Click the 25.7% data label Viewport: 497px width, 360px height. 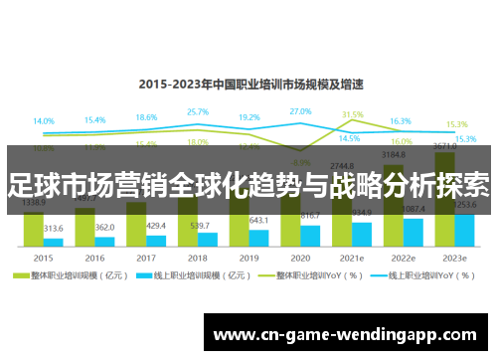[198, 112]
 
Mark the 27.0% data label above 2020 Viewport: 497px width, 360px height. [300, 111]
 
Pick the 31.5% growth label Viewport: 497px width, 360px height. [352, 114]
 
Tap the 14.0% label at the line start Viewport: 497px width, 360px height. [44, 121]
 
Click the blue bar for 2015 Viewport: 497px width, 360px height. [54, 241]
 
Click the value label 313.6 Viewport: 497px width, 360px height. [54, 228]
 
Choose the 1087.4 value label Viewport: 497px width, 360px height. [413, 209]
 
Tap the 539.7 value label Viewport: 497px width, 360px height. [208, 225]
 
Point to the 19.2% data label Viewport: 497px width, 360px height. [249, 117]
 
